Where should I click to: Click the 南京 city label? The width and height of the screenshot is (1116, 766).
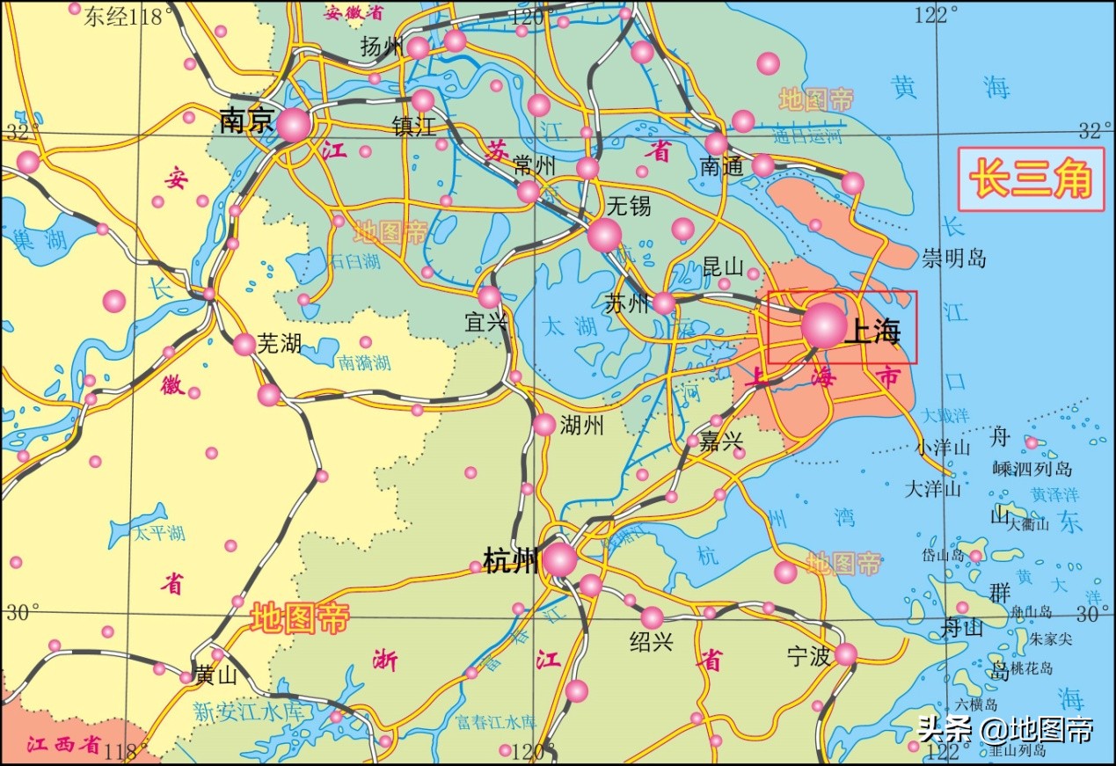point(246,121)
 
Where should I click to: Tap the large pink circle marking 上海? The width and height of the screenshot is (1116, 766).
point(824,325)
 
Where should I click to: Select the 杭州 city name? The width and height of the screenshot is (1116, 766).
point(511,559)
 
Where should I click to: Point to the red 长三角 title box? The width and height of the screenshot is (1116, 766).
point(1031,179)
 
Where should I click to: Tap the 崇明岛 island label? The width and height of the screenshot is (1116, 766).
point(954,259)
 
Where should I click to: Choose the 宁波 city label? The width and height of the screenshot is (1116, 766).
point(809,655)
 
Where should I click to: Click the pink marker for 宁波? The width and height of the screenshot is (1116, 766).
point(846,653)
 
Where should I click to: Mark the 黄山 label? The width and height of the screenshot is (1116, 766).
point(216,675)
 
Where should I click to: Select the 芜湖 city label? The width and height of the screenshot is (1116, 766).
point(279,343)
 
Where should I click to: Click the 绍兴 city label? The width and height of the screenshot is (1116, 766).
point(652,642)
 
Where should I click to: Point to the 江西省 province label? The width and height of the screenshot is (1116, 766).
point(63,745)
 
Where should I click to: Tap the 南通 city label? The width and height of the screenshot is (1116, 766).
point(722,166)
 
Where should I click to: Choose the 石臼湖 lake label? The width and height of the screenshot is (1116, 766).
point(354,261)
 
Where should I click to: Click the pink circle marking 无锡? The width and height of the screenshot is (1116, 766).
point(605,234)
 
